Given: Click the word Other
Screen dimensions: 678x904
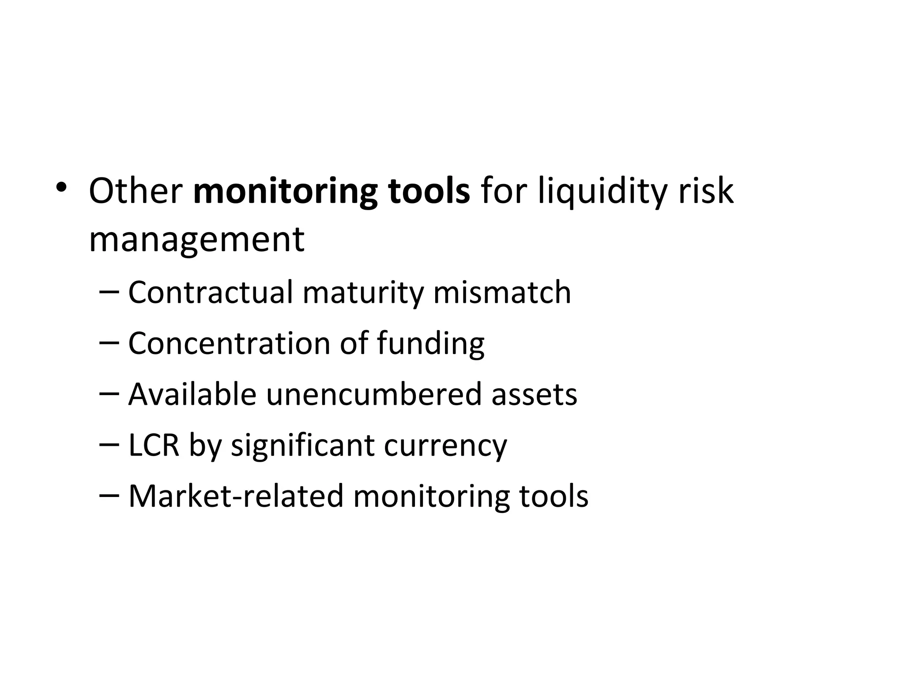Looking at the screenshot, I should coord(136,191).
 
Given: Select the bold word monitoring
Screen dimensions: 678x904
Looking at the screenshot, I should coord(285,192).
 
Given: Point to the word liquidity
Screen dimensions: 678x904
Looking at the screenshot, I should coord(601,192).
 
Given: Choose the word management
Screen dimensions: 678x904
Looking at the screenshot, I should coord(196,241).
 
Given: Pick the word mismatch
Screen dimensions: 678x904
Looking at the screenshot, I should coord(502,292).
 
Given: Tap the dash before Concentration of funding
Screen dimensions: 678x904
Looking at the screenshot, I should coord(109,343).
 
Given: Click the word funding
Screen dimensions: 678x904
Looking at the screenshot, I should coord(431,344).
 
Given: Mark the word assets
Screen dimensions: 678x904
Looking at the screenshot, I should coord(534,394).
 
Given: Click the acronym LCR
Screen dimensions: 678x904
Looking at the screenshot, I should coord(154,445).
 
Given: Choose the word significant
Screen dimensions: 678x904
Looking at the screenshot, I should coord(303,446).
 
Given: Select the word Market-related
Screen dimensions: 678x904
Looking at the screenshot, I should coord(236,496).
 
